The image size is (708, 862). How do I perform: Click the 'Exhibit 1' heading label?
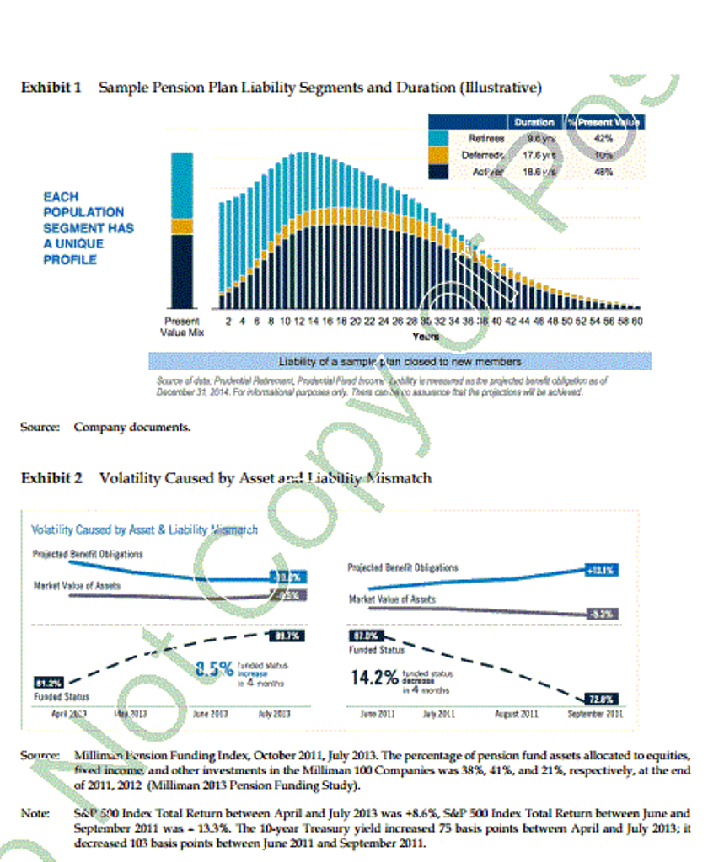51,88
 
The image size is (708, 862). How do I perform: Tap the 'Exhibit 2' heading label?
51,478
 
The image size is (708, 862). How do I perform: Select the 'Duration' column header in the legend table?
534,122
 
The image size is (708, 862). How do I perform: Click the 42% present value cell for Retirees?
603,138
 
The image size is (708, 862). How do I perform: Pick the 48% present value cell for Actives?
603,172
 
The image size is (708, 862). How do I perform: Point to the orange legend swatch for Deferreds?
438,155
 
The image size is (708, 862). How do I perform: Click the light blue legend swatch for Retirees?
438,138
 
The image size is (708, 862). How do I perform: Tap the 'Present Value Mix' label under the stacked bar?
182,326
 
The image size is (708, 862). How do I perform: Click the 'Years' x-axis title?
426,336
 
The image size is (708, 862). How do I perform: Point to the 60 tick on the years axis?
637,321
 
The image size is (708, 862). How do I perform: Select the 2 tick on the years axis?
229,321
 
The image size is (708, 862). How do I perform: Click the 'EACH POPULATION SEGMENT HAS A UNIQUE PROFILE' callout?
88,228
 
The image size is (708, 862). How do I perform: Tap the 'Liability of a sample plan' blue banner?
400,361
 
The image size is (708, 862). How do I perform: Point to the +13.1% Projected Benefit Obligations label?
602,570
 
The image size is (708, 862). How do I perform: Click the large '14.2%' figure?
374,677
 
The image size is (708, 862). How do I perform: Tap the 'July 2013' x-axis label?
276,714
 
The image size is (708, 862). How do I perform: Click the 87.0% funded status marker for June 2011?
365,636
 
